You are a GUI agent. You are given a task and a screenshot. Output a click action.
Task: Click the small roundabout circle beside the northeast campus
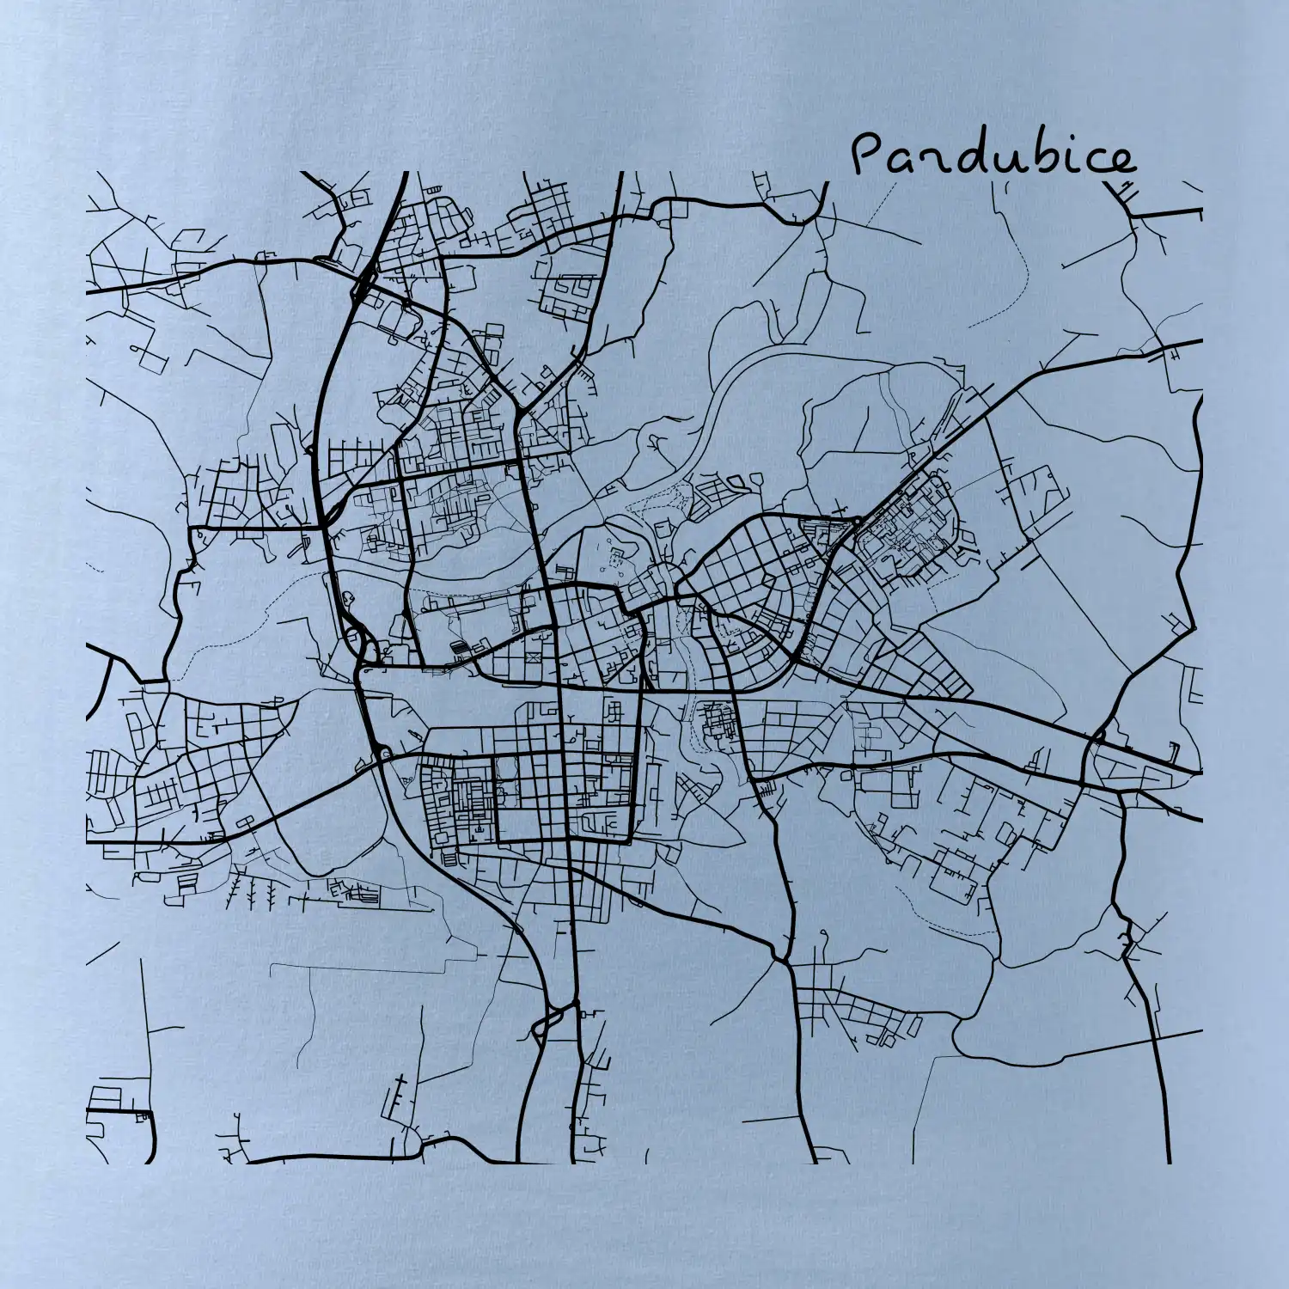click(x=857, y=520)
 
